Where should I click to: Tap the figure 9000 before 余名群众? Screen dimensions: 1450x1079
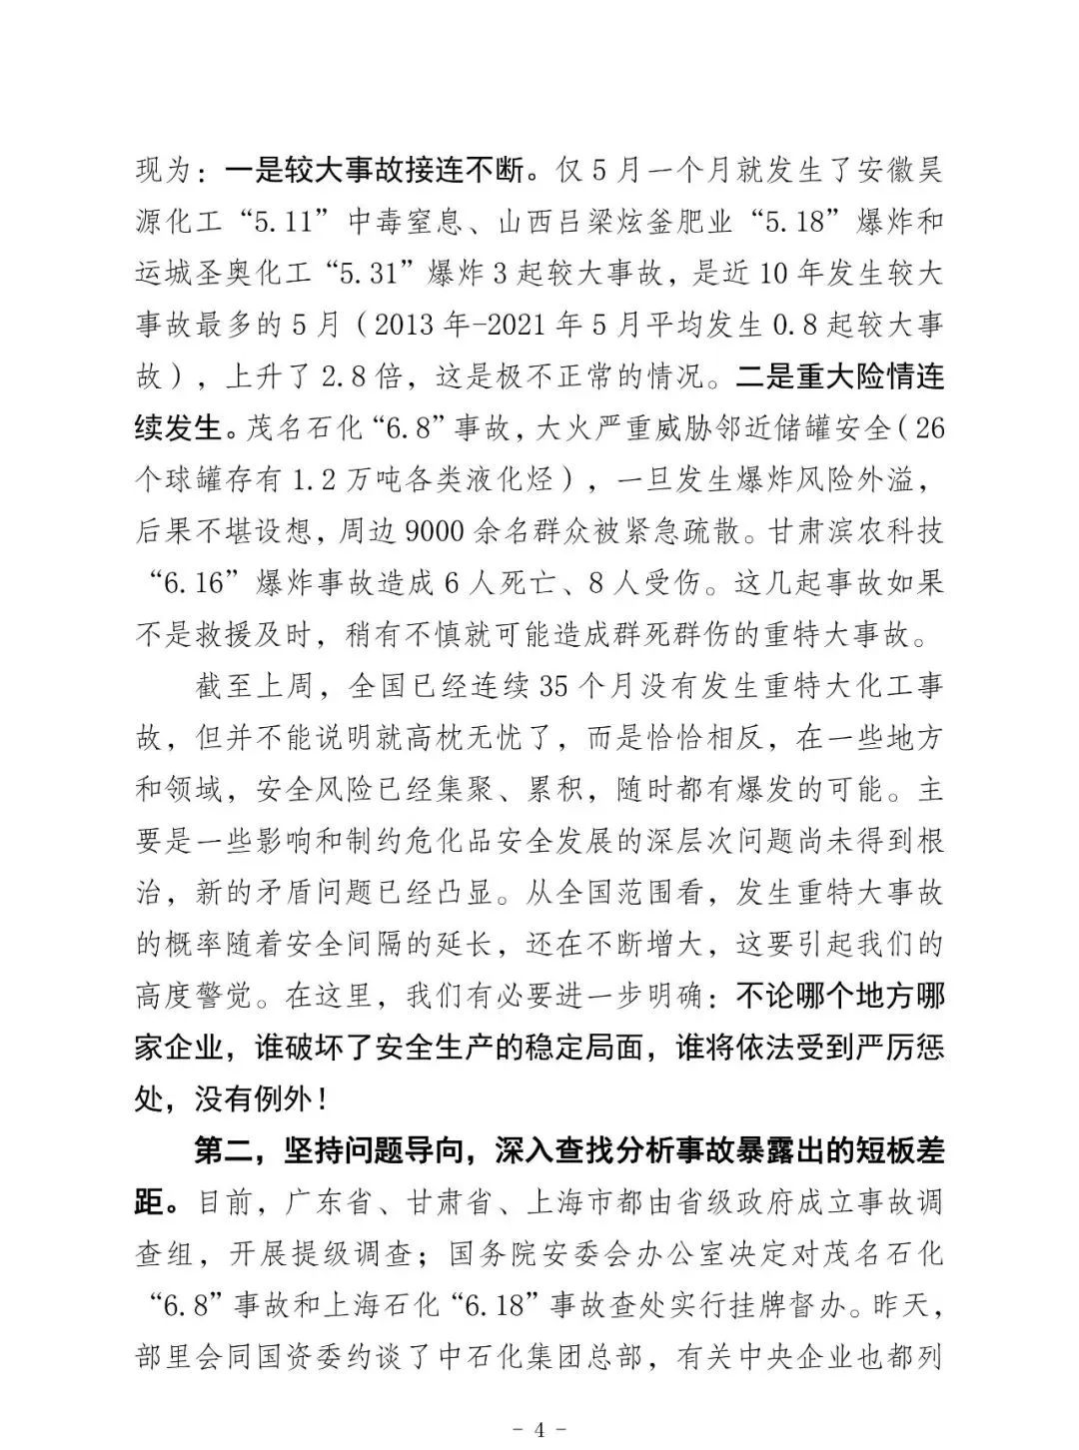pyautogui.click(x=438, y=532)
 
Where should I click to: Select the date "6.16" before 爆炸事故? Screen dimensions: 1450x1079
pyautogui.click(x=192, y=584)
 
